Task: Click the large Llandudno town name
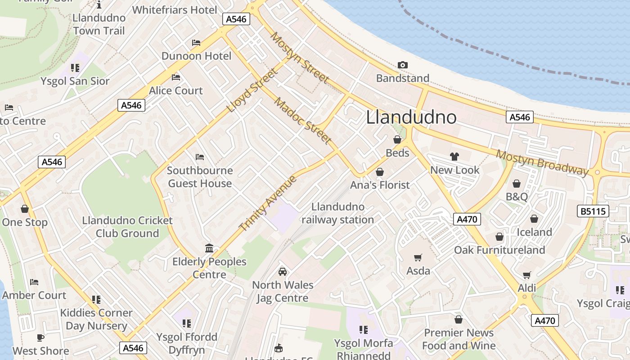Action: coord(411,117)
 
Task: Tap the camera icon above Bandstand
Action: coord(403,65)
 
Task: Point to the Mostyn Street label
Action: coord(299,58)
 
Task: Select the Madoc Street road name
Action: coord(303,121)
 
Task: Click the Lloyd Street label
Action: coord(252,90)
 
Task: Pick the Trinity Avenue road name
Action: coord(268,203)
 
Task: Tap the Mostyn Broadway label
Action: coord(542,162)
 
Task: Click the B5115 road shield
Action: coord(593,211)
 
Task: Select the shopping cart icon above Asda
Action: coord(418,257)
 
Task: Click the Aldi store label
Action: coord(527,288)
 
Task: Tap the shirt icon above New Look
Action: coord(454,157)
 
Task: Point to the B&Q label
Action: coord(517,197)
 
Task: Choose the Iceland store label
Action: coord(534,232)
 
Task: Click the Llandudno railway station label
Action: coord(337,213)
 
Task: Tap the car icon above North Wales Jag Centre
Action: coord(283,272)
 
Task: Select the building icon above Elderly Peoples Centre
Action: coord(209,248)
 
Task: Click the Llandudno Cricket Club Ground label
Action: coord(127,227)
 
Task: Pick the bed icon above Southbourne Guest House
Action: coord(200,157)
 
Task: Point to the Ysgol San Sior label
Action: coord(75,81)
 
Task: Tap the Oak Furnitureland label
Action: coord(499,250)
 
